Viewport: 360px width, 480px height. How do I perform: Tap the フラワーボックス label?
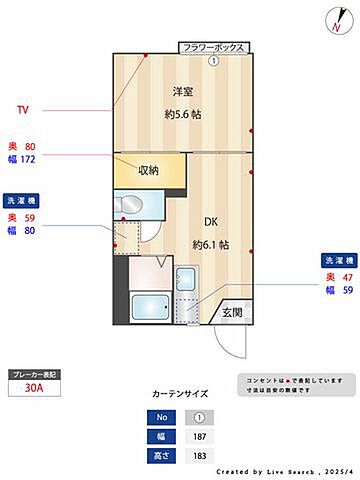(x=213, y=47)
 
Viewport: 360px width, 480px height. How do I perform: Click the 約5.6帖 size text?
(x=183, y=114)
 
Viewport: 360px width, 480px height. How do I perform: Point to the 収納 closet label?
(x=149, y=170)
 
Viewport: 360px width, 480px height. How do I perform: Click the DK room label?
(x=212, y=223)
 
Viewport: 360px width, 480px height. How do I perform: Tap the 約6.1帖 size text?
(x=211, y=244)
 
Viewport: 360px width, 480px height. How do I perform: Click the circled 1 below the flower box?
(x=213, y=60)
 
